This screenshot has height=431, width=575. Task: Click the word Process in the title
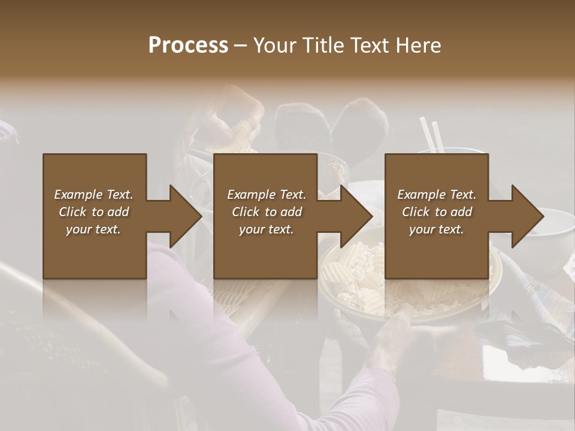188,45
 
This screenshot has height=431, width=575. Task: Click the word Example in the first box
78,195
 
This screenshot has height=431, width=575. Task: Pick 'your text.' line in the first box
93,229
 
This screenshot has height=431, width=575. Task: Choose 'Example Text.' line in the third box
437,195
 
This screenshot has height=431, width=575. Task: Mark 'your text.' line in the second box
267,229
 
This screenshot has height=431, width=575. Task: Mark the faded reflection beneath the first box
95,299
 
